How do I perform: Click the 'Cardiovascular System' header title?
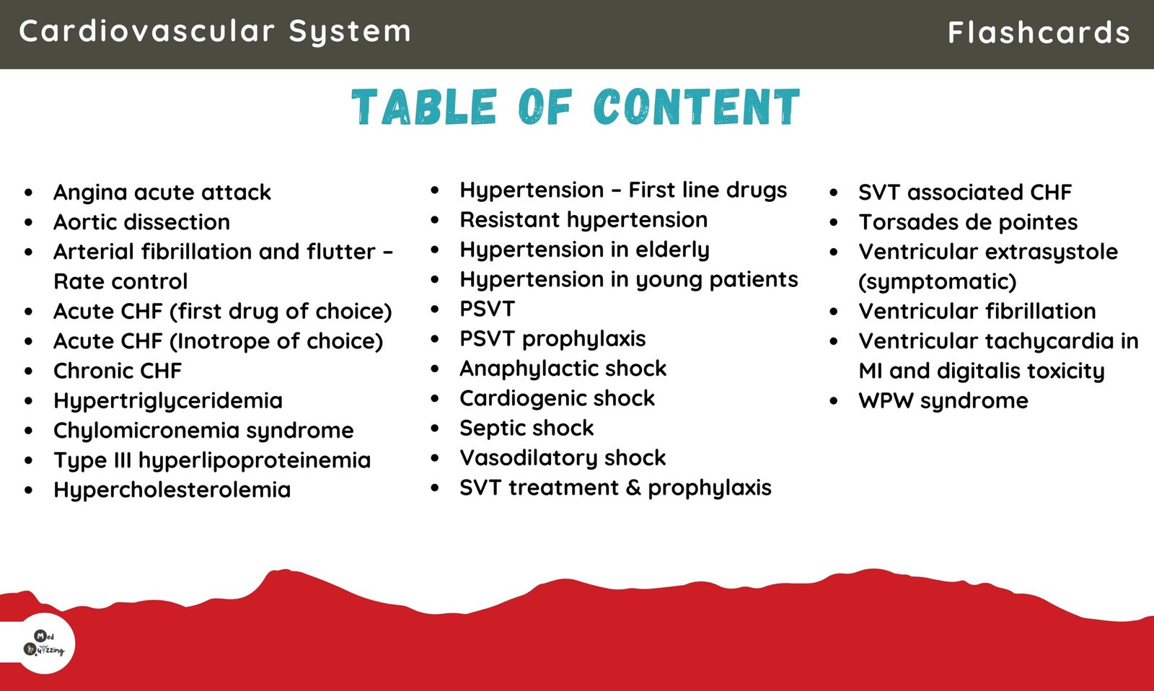pos(215,32)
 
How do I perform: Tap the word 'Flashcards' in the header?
pos(1039,32)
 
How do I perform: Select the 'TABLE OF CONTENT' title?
pos(576,107)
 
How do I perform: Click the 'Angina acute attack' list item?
pos(162,193)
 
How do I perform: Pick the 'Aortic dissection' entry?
pos(142,222)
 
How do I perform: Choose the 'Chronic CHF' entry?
pos(118,371)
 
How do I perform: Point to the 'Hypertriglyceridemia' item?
pos(168,400)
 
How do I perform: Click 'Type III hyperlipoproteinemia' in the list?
pos(212,460)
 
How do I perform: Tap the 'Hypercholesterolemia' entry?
pos(172,490)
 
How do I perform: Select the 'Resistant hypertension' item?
pos(583,220)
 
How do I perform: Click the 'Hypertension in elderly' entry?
pos(585,250)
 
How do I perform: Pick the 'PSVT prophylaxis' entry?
pos(552,339)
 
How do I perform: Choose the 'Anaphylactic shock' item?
pos(563,369)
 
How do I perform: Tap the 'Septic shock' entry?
pos(527,428)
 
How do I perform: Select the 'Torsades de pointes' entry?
pos(968,222)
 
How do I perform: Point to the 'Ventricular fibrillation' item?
pos(977,312)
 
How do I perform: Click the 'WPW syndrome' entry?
pos(943,401)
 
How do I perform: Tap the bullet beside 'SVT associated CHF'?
pos(834,193)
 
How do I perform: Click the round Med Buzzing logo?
pos(45,643)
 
